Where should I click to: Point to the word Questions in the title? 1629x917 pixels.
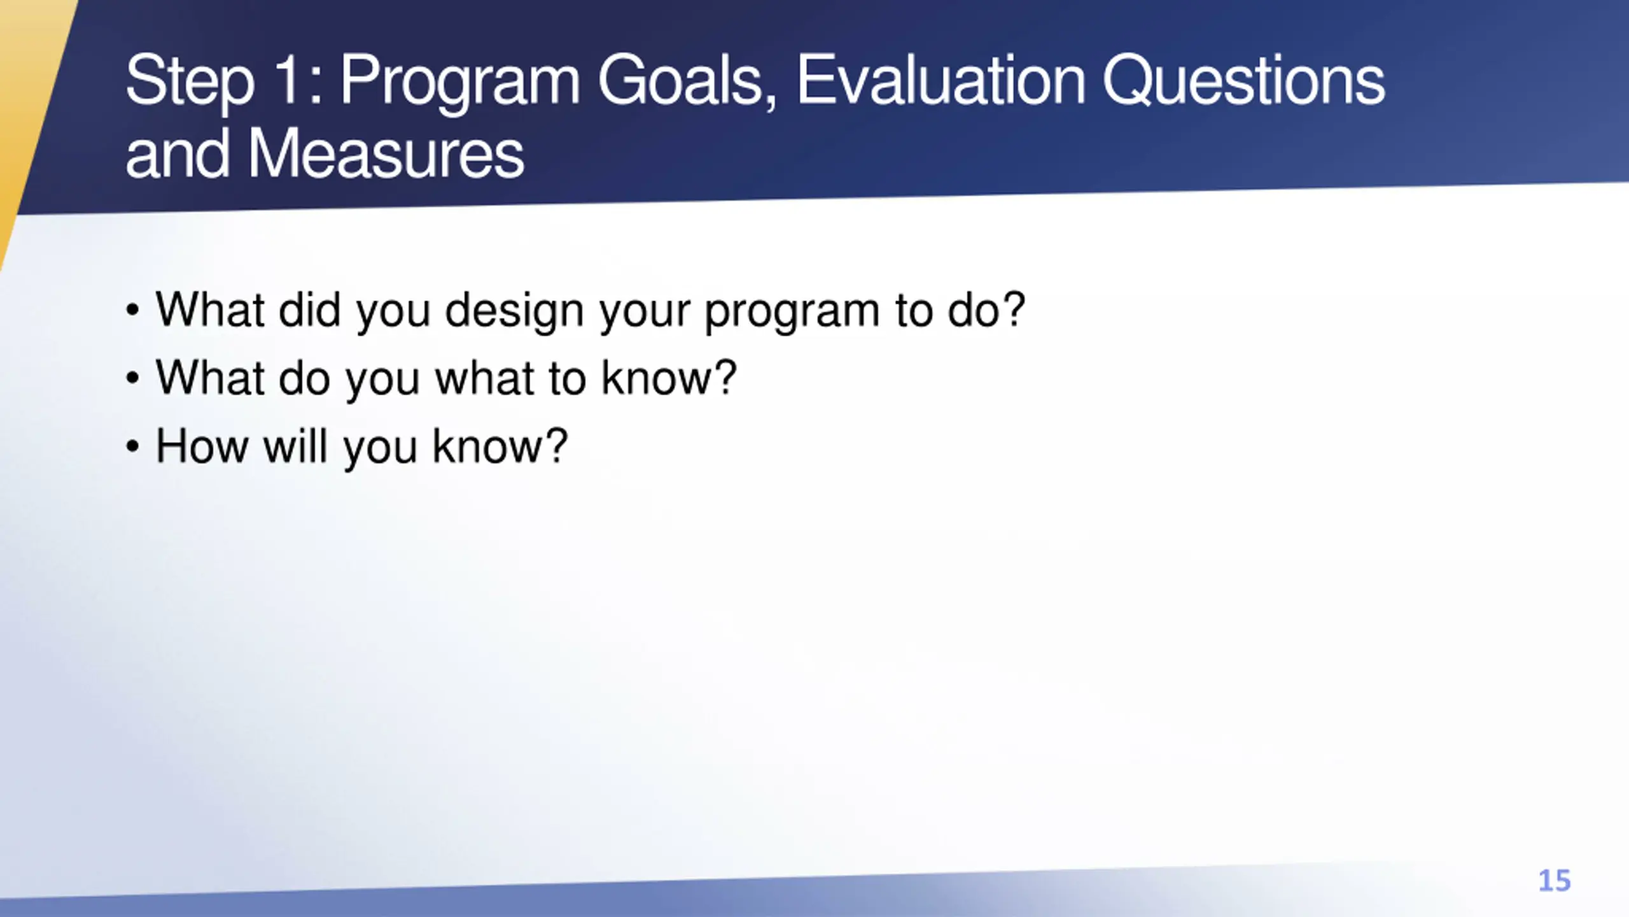1243,82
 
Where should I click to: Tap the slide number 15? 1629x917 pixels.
1554,881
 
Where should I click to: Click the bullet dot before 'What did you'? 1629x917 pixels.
132,311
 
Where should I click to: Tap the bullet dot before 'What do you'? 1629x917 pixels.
132,379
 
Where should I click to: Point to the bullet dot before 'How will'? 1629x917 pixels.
132,446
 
